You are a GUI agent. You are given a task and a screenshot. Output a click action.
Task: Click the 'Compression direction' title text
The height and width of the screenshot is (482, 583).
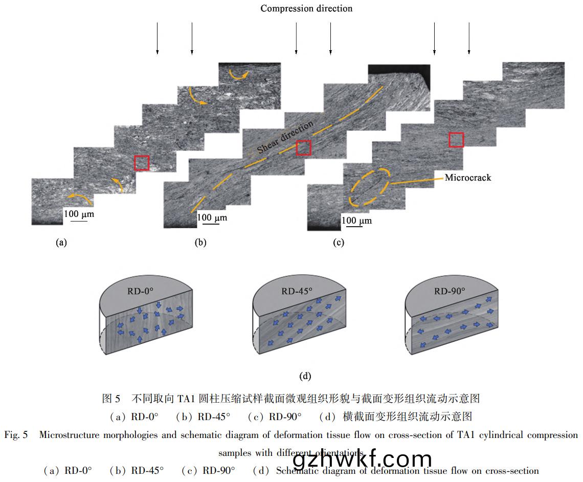pos(306,8)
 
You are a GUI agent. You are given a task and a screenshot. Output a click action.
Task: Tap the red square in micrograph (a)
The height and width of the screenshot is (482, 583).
pos(142,163)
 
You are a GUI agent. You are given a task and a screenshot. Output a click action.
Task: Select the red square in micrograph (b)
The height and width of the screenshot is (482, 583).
pos(304,147)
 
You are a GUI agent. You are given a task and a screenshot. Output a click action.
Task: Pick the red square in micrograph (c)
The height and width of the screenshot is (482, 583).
pos(456,140)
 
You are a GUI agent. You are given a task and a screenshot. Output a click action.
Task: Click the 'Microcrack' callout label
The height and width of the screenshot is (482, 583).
pos(467,178)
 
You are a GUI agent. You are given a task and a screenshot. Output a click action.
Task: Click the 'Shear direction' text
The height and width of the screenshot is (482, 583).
pos(285,138)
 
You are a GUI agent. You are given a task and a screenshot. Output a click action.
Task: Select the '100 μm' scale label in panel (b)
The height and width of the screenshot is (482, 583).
pos(212,218)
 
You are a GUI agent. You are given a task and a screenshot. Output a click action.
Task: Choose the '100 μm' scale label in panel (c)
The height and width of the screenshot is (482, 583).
pos(356,221)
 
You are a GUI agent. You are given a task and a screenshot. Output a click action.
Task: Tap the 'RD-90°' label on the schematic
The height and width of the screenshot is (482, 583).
pos(450,292)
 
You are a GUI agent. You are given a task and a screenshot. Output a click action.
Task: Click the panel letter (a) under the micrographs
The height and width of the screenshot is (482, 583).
pos(61,243)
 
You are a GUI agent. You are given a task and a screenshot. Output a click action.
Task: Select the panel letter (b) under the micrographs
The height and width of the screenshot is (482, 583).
pos(200,243)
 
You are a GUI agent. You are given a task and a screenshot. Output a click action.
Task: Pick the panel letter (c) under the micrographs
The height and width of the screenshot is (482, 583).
pos(339,243)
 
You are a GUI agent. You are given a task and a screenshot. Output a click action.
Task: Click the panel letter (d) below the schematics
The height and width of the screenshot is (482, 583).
pos(305,376)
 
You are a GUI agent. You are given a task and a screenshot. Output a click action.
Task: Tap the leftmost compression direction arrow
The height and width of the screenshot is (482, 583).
pos(158,38)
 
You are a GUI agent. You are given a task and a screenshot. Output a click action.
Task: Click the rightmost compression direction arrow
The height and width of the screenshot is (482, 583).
pos(469,38)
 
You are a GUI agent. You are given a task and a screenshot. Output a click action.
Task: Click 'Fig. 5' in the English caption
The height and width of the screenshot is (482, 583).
pos(16,435)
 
